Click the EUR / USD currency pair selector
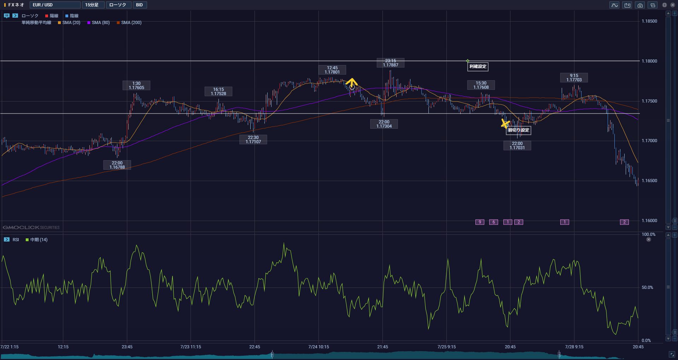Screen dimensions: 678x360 pos(55,5)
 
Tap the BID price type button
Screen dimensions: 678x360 pos(140,5)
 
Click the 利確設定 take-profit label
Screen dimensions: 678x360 pos(478,66)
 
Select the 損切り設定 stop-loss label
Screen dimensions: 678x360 pos(518,130)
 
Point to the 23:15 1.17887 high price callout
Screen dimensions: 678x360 pos(390,63)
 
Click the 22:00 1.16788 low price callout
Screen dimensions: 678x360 pos(117,165)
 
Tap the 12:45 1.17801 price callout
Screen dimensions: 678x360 pos(332,70)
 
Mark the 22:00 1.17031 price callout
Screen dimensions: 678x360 pos(517,146)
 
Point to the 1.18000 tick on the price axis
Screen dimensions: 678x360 pos(649,61)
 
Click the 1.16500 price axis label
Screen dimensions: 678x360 pos(649,181)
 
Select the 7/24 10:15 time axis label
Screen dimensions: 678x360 pos(318,347)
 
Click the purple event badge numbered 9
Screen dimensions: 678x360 pos(480,222)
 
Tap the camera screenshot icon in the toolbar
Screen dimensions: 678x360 pos(640,5)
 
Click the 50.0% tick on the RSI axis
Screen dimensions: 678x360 pos(647,288)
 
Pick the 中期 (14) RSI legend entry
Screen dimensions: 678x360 pos(37,240)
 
